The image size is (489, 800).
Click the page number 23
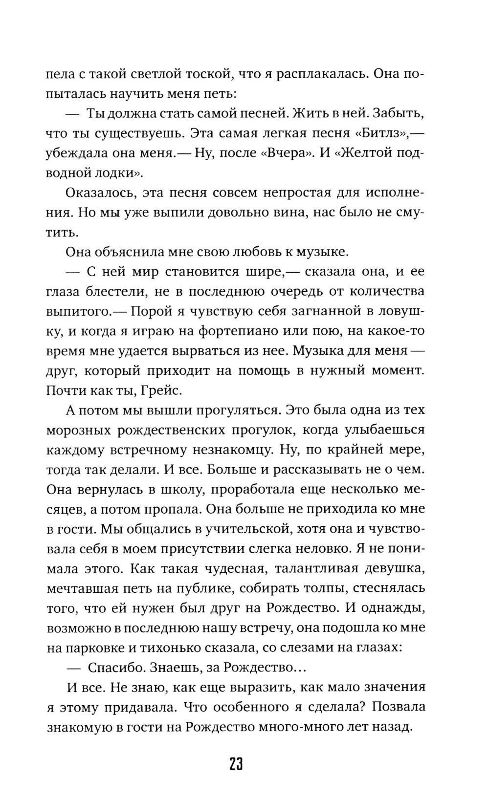[x=236, y=764]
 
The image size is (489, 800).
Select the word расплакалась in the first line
[x=315, y=74]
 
